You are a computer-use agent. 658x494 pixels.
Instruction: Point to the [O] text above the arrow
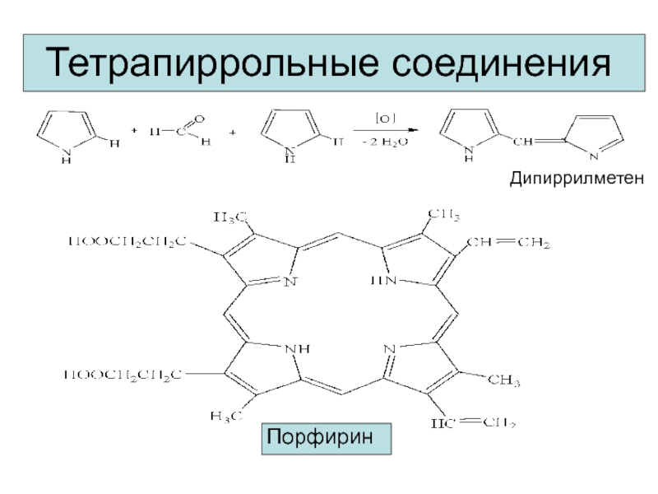click(386, 118)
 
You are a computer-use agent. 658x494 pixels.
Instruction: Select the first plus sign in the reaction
click(134, 130)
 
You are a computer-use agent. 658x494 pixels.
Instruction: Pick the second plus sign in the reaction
click(232, 131)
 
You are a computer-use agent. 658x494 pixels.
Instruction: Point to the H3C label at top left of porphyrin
click(231, 217)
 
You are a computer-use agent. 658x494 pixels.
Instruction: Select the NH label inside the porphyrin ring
click(296, 348)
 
